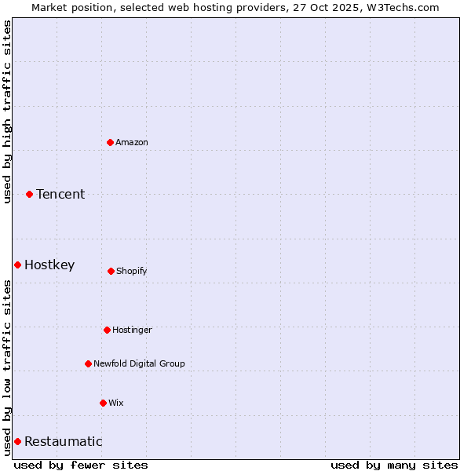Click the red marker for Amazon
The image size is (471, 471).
[x=110, y=142]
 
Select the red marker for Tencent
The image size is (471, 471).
[x=29, y=194]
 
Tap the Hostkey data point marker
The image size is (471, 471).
[x=17, y=265]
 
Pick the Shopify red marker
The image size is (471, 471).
[x=111, y=271]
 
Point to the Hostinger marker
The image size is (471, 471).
[x=107, y=330]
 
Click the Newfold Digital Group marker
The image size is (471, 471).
[x=88, y=363]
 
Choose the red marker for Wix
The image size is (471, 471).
[x=103, y=403]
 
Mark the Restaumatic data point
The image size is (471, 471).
[x=17, y=441]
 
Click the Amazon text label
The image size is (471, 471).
[x=132, y=142]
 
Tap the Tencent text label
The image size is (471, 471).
[x=60, y=194]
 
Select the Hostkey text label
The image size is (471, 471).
[x=49, y=265]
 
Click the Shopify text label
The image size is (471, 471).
[x=132, y=271]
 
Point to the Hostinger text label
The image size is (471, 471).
[x=132, y=330]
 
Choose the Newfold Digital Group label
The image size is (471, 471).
[x=139, y=363]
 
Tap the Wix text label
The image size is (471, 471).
[x=116, y=403]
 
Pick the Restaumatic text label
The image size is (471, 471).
[x=64, y=441]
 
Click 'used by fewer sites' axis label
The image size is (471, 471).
[x=81, y=465]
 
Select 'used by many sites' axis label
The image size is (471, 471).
[x=394, y=465]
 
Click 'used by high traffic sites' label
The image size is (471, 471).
[x=7, y=111]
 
